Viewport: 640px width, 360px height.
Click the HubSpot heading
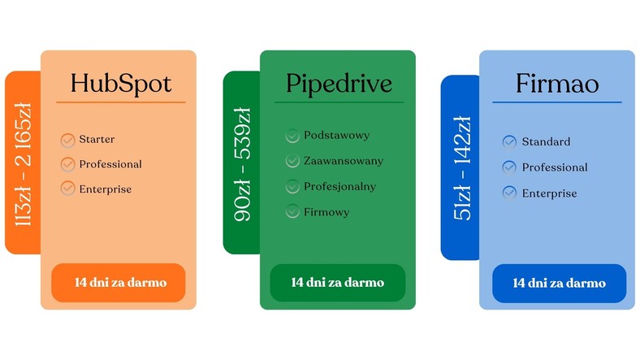click(x=121, y=84)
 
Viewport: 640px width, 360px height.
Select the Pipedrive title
click(x=339, y=84)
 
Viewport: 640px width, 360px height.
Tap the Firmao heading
click(x=557, y=83)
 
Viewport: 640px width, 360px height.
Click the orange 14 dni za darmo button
click(x=119, y=283)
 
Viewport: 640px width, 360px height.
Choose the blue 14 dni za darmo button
click(x=559, y=284)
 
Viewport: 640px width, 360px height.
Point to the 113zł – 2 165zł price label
click(x=24, y=164)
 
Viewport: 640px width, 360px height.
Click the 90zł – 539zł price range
click(x=242, y=164)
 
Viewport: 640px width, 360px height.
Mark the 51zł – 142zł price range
click(x=462, y=168)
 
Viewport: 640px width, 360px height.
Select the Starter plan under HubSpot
click(x=97, y=139)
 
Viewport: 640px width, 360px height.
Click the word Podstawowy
click(x=337, y=135)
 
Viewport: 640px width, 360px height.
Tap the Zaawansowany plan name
click(x=344, y=161)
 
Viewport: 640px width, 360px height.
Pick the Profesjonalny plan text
click(x=340, y=187)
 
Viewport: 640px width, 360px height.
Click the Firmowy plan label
click(x=326, y=212)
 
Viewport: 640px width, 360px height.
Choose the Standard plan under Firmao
click(x=546, y=141)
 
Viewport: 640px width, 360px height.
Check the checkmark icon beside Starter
click(x=67, y=140)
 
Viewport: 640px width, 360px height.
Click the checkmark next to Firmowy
click(x=292, y=211)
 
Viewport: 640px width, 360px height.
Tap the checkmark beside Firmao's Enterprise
click(x=509, y=193)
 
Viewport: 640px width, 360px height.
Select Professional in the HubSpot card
click(x=110, y=164)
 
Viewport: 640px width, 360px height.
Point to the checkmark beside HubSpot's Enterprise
click(x=67, y=189)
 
